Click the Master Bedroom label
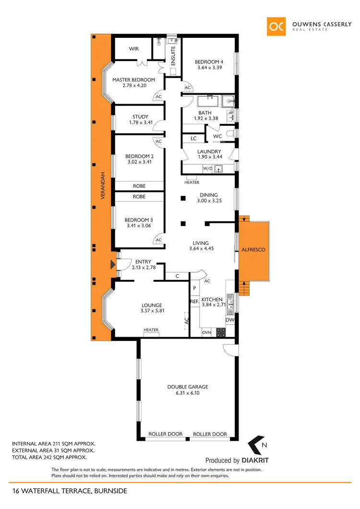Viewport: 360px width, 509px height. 133,80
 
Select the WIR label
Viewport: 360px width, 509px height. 133,49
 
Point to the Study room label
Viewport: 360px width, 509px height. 140,117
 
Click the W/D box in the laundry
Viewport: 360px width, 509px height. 207,169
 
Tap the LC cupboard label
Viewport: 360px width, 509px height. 193,138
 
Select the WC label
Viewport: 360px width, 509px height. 217,137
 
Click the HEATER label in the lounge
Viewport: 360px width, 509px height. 151,330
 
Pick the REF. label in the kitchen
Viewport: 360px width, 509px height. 194,302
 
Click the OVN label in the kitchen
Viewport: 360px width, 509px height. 206,332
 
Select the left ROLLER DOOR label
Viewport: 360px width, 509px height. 165,434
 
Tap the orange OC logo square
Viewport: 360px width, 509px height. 276,26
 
